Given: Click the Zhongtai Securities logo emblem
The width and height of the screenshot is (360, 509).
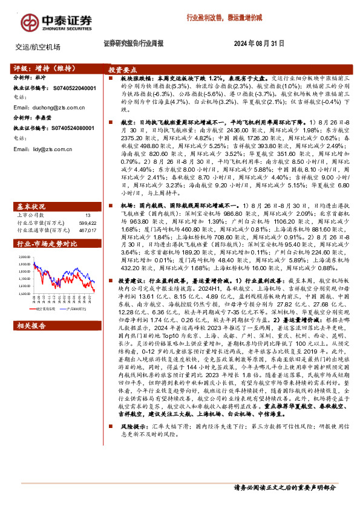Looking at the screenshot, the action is click(30, 23).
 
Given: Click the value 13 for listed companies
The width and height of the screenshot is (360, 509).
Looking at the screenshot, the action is click(88, 198).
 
